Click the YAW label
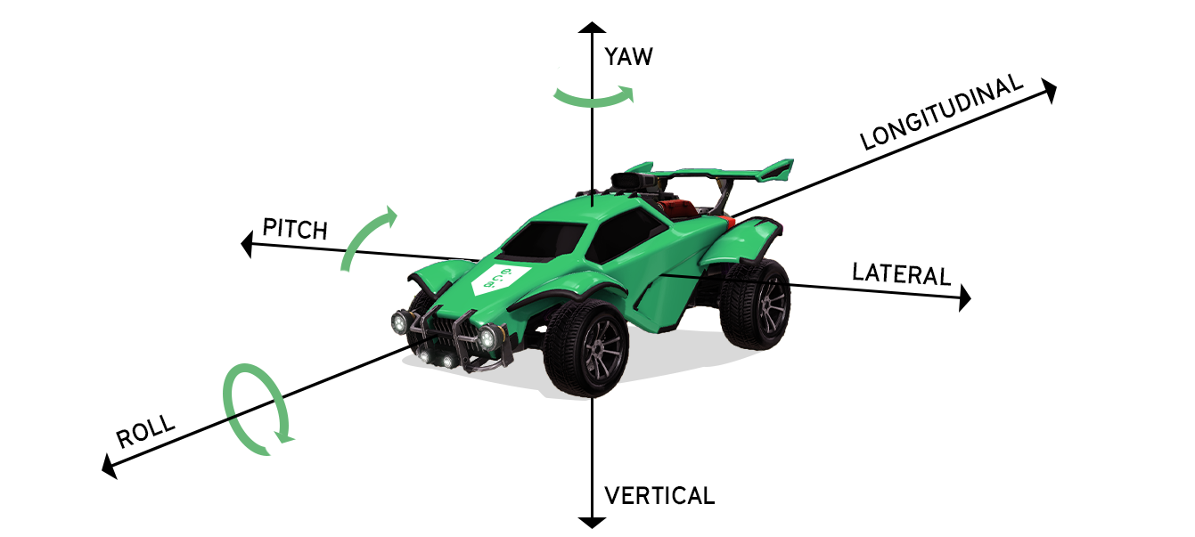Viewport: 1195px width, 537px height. pyautogui.click(x=628, y=58)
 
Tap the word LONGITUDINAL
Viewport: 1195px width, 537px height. pyautogui.click(x=941, y=114)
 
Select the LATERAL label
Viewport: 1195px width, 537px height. pyautogui.click(x=901, y=273)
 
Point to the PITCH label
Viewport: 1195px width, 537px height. pyautogui.click(x=295, y=229)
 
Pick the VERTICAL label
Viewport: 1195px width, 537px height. pyautogui.click(x=659, y=496)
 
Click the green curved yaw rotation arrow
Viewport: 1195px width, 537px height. pyautogui.click(x=593, y=96)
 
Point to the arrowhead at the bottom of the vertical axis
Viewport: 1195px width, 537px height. pyautogui.click(x=589, y=520)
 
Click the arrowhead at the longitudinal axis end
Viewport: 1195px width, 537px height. pyautogui.click(x=1049, y=90)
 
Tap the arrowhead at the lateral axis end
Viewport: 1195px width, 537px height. pyautogui.click(x=963, y=299)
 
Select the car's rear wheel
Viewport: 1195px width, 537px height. pyautogui.click(x=756, y=303)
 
